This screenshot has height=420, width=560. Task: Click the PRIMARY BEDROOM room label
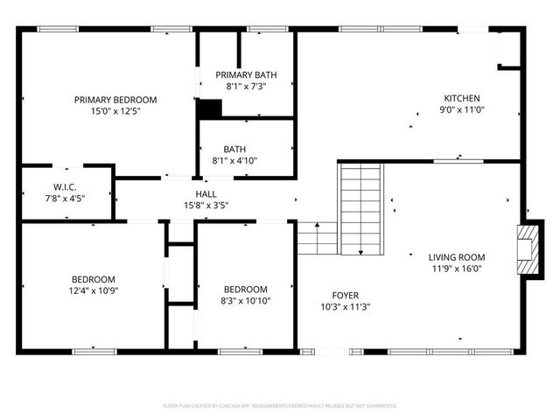pyautogui.click(x=115, y=100)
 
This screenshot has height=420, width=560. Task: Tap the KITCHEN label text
pyautogui.click(x=462, y=98)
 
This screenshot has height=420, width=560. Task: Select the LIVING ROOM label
pyautogui.click(x=456, y=257)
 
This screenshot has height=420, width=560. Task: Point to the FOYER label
pyautogui.click(x=344, y=296)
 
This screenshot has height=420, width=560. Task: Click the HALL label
pyautogui.click(x=206, y=194)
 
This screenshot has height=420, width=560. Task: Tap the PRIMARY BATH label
pyautogui.click(x=245, y=75)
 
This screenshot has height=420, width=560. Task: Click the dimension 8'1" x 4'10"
pyautogui.click(x=245, y=161)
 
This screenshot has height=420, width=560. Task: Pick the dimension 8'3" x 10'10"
pyautogui.click(x=245, y=301)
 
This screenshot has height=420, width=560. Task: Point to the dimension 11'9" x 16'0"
pyautogui.click(x=456, y=269)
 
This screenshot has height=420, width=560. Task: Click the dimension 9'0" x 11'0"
pyautogui.click(x=462, y=109)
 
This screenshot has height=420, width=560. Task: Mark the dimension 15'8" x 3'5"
pyautogui.click(x=206, y=206)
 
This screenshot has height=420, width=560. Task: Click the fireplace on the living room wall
pyautogui.click(x=527, y=250)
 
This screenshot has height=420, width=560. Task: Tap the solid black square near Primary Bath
pyautogui.click(x=209, y=109)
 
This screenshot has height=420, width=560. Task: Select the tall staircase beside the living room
pyautogui.click(x=361, y=209)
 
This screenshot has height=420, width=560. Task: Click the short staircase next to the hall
pyautogui.click(x=317, y=238)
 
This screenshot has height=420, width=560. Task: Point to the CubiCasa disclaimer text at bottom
pyautogui.click(x=280, y=406)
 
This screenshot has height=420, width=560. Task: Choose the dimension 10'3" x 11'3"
pyautogui.click(x=344, y=307)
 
